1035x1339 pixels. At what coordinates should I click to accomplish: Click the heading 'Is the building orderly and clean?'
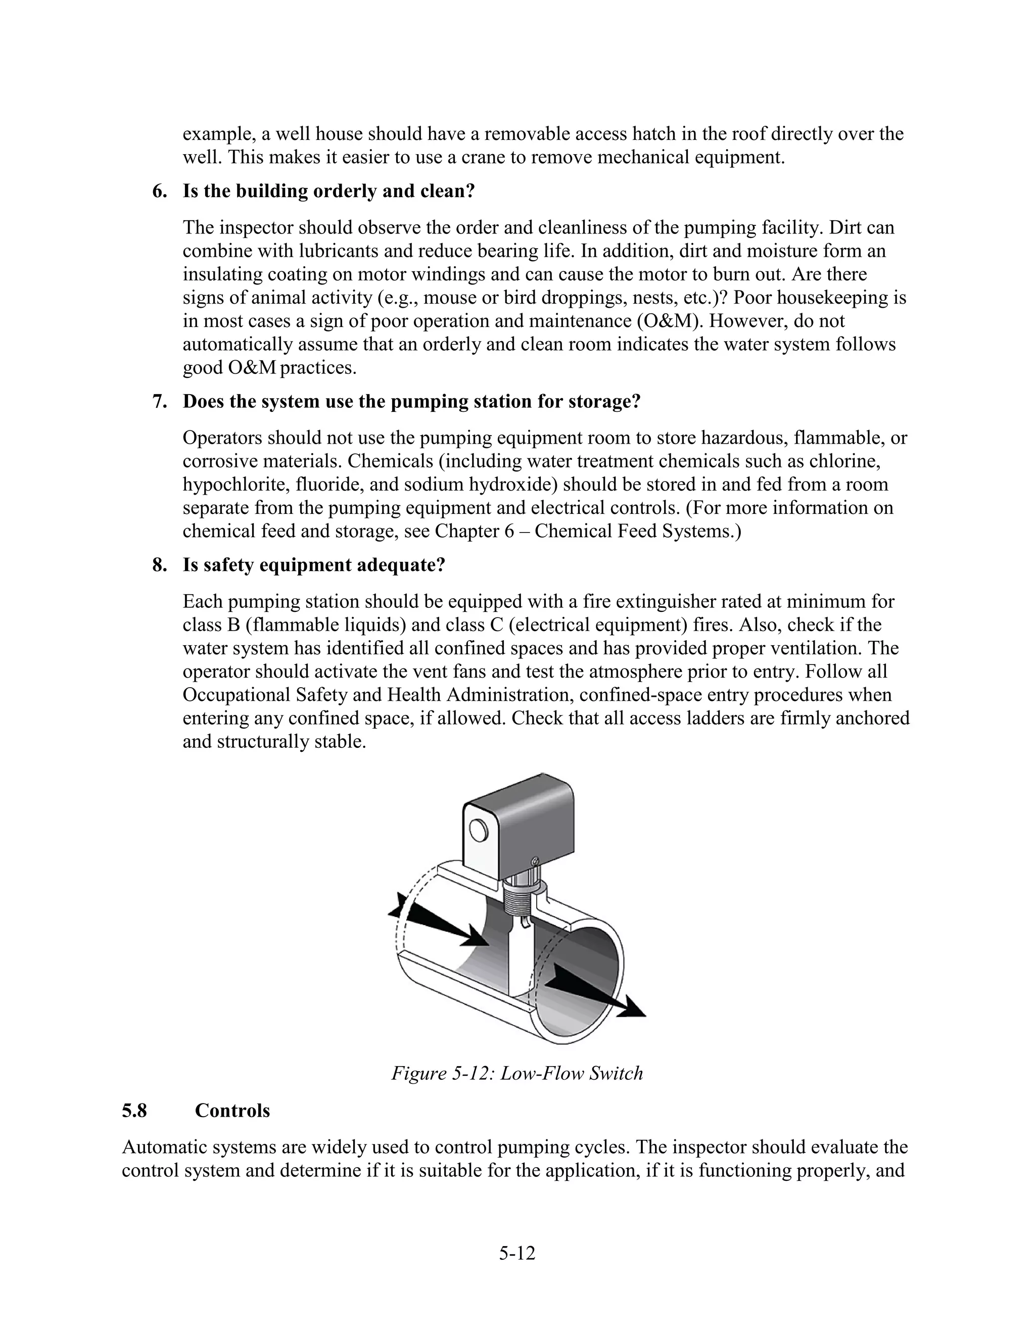[328, 192]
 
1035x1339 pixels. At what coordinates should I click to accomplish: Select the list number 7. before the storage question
[159, 402]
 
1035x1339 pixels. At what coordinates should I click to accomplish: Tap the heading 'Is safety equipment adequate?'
[313, 565]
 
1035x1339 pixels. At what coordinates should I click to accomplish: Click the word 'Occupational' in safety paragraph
[237, 695]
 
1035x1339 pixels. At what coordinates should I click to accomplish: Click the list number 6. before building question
[159, 192]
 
